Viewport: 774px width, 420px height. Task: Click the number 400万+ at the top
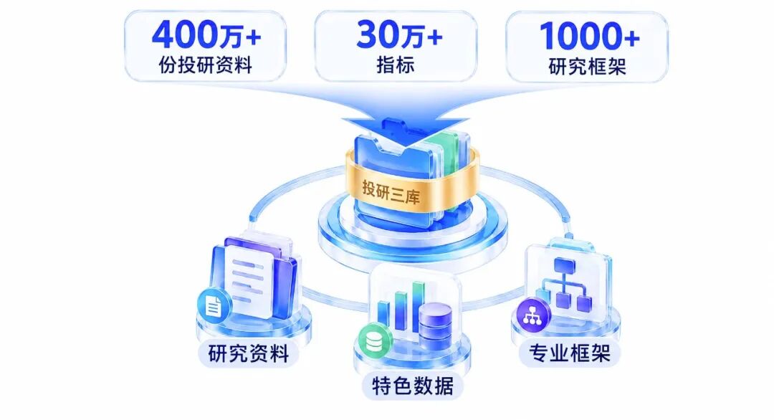coord(206,35)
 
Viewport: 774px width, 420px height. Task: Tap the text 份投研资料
coord(206,65)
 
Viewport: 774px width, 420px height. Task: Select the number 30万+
coord(399,35)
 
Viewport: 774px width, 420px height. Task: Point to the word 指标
coord(396,65)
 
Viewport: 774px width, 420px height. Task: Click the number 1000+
coord(589,36)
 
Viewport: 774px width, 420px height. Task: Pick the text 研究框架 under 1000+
coord(588,66)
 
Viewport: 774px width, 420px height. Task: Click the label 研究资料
coord(248,353)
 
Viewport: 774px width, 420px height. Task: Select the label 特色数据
coord(413,386)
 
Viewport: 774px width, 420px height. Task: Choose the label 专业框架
coord(570,353)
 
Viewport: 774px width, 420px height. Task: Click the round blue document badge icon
coord(214,307)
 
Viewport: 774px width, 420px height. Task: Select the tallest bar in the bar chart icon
coord(419,306)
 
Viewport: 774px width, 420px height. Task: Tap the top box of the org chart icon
coord(565,265)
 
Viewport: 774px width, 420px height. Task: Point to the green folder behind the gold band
coord(446,148)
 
